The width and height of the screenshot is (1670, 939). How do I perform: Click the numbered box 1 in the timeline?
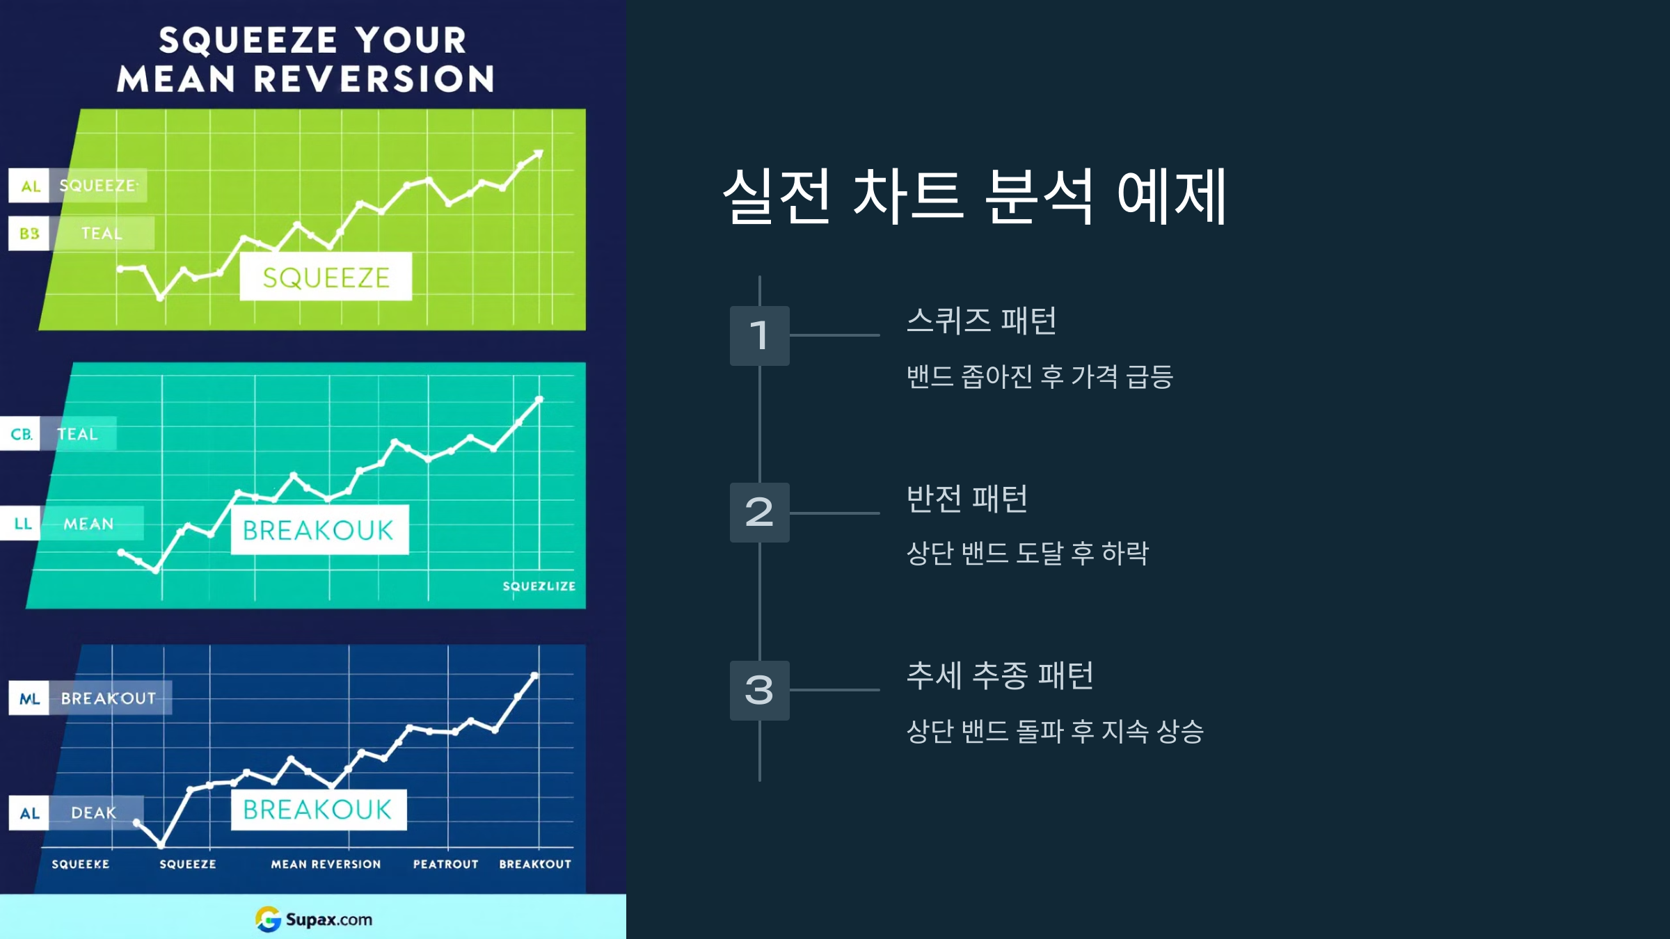(759, 335)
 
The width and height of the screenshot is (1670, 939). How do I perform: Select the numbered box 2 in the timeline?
(759, 513)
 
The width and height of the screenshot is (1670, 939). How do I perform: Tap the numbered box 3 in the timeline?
(759, 690)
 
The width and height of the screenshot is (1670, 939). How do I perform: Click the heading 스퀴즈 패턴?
(981, 321)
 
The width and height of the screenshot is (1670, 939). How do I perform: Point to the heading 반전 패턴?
(967, 499)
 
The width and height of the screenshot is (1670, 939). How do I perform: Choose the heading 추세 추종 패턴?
(999, 675)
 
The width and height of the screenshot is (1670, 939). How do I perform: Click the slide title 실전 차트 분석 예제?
(974, 196)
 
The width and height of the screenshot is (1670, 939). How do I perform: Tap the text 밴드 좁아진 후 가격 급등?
(1040, 377)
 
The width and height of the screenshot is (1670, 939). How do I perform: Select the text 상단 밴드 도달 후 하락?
(1027, 554)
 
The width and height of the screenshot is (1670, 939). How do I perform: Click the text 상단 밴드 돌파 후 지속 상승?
(1054, 731)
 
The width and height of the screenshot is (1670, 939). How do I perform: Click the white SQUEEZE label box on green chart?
(326, 277)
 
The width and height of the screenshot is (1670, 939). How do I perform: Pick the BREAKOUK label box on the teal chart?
(319, 530)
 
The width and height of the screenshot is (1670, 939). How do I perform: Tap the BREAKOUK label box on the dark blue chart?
(319, 810)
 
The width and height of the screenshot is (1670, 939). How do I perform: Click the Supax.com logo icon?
(268, 919)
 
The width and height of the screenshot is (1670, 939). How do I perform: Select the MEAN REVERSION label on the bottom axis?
(326, 864)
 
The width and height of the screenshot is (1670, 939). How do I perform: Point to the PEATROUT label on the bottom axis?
(445, 864)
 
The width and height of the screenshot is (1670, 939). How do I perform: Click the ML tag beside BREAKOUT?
(29, 698)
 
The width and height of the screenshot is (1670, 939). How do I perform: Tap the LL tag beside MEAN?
(23, 524)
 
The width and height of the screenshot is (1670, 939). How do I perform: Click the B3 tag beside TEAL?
(29, 234)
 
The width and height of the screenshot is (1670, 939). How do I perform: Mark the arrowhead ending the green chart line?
(538, 153)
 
